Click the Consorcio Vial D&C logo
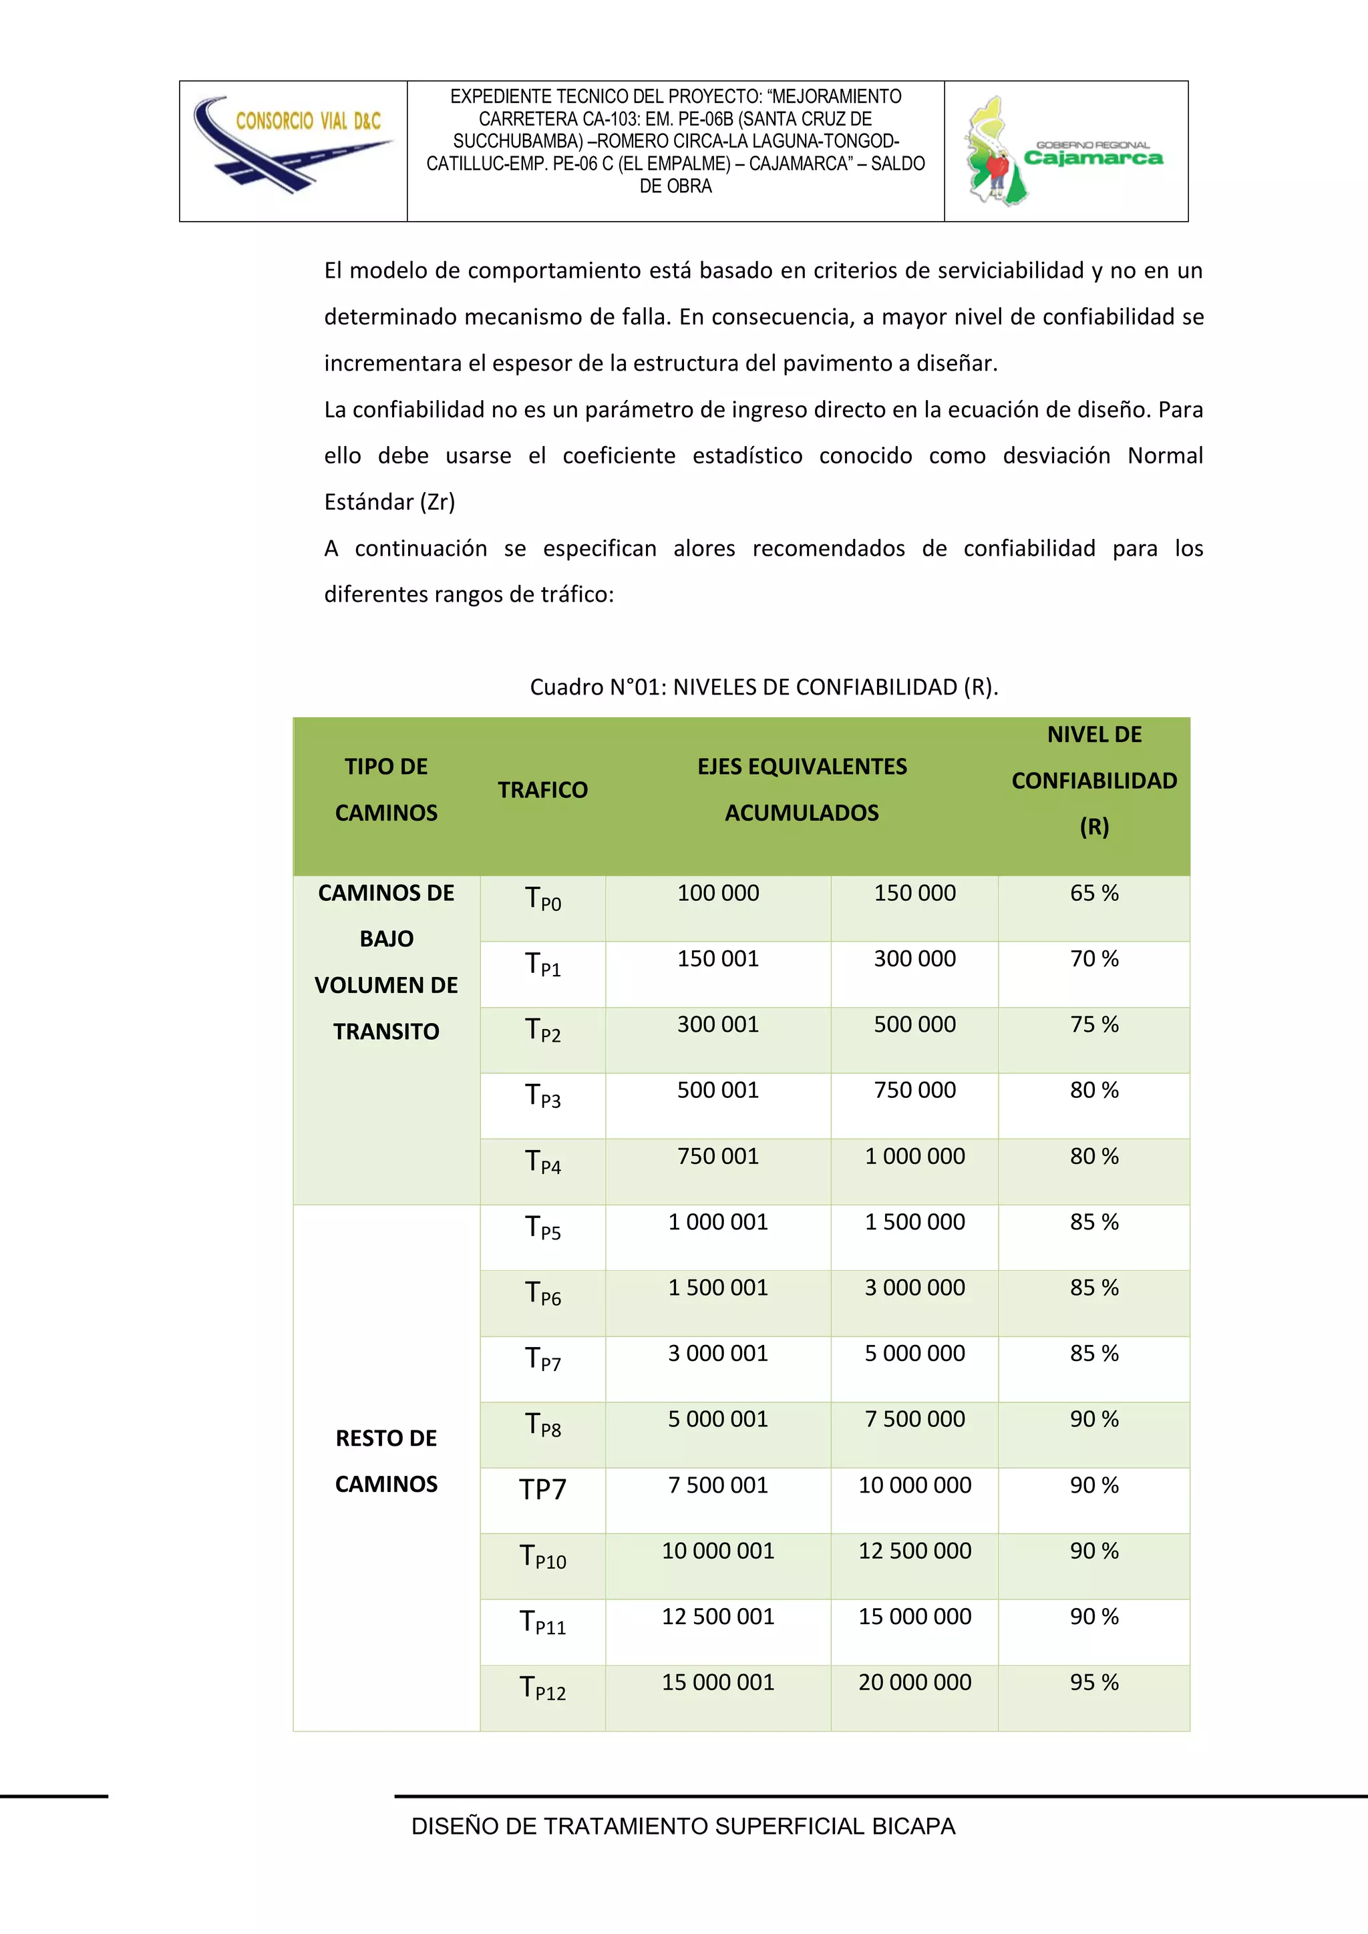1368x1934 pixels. (293, 146)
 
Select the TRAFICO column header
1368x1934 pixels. (542, 790)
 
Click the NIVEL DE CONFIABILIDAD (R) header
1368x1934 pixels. (1093, 781)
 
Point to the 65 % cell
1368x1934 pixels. (1093, 893)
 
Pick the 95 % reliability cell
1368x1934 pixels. (1093, 1682)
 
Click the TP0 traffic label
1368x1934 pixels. (542, 899)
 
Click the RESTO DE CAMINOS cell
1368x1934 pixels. (386, 1461)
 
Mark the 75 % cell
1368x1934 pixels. (1093, 1024)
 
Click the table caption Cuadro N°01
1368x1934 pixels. (763, 687)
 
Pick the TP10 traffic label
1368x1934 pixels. (542, 1557)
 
